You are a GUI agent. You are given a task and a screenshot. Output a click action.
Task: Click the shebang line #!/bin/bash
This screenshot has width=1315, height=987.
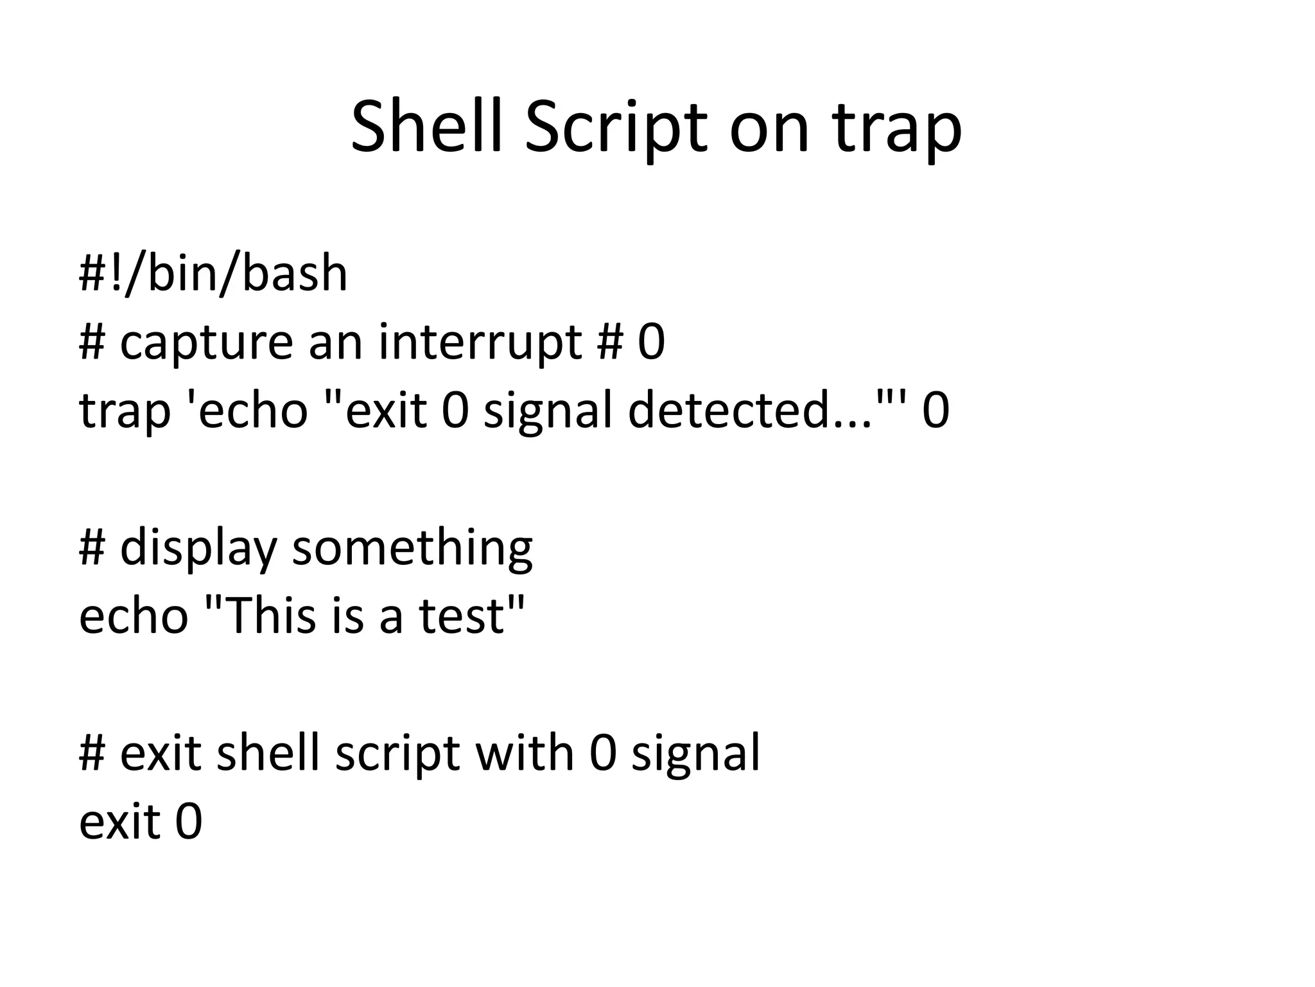point(213,274)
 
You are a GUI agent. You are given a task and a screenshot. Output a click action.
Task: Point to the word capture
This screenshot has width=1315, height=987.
point(205,344)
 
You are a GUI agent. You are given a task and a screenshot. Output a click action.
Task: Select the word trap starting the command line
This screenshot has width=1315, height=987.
point(125,411)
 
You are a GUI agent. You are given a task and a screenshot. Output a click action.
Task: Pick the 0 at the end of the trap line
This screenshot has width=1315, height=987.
point(936,411)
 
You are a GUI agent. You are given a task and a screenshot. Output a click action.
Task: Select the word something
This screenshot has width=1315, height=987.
point(412,549)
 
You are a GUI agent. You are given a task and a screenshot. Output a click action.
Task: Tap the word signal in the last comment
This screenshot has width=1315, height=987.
point(696,754)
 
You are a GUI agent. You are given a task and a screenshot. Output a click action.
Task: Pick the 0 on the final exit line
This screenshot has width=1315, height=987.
point(189,822)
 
